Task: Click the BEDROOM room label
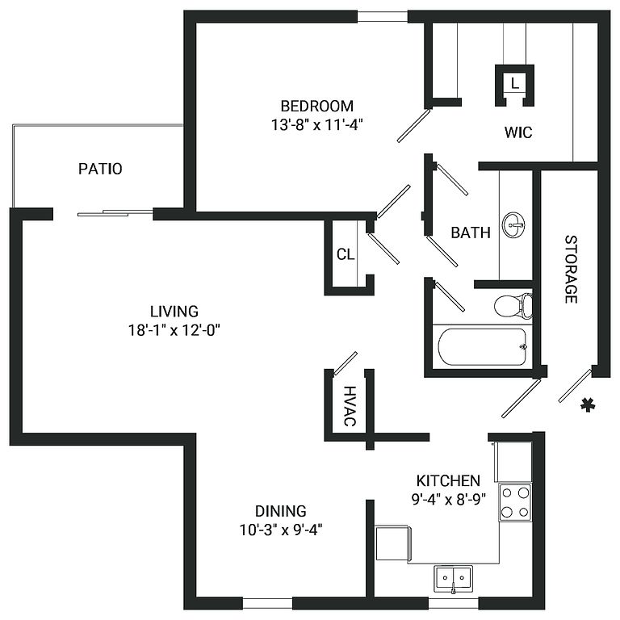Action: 316,106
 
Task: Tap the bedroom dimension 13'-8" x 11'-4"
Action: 316,125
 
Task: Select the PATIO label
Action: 100,169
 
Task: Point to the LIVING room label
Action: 174,311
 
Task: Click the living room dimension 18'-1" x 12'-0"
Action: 174,329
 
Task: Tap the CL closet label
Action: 346,254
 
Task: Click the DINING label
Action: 280,511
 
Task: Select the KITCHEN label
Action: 448,480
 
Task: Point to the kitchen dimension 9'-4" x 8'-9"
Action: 448,498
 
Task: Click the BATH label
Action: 470,232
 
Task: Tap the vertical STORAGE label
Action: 571,269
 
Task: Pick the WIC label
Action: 518,132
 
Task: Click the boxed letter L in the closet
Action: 515,82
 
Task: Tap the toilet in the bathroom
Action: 512,305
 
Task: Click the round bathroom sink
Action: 513,224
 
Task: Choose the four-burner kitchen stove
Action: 515,501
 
